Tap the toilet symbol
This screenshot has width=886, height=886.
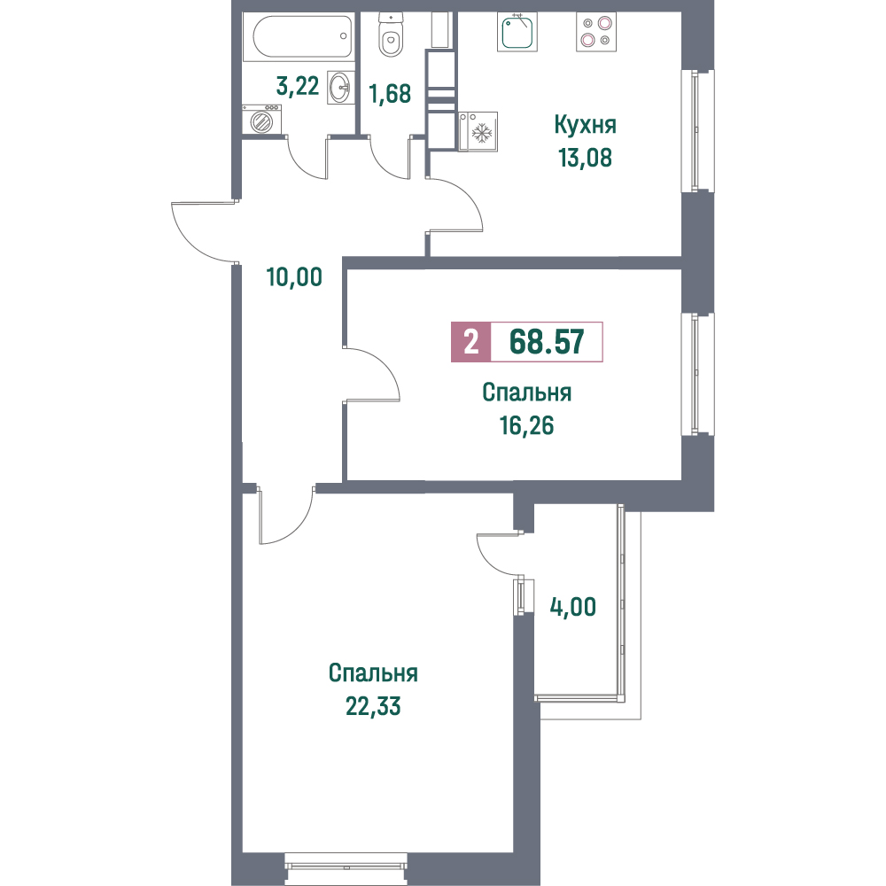click(x=389, y=35)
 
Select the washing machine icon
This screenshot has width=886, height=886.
click(x=261, y=120)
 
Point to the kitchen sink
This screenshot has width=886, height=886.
click(x=517, y=32)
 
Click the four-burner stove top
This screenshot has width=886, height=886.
click(x=596, y=32)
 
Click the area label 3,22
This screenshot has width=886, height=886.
click(x=298, y=86)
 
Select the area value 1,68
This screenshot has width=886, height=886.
click(x=390, y=94)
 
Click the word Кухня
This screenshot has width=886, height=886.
click(x=585, y=125)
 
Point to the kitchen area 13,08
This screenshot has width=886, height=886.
click(x=586, y=158)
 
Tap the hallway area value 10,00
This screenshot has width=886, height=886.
click(x=294, y=276)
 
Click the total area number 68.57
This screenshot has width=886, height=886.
click(x=547, y=342)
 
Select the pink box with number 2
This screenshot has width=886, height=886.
click(x=471, y=342)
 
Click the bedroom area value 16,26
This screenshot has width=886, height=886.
click(x=526, y=425)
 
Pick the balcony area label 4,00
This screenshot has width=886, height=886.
click(x=573, y=607)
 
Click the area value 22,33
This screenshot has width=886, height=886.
click(x=373, y=706)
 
